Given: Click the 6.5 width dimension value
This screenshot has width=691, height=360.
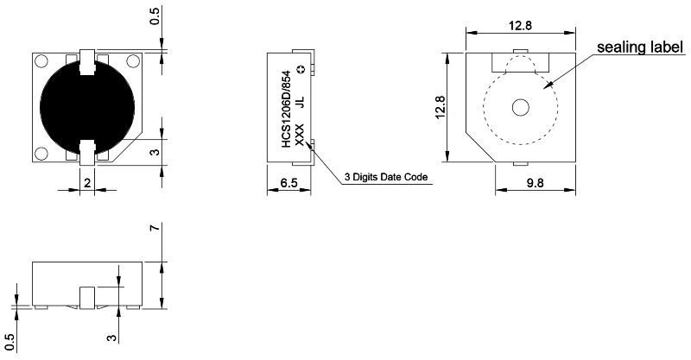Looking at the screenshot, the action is coord(288,182).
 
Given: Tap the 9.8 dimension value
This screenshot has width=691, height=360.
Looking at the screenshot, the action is coord(535,182).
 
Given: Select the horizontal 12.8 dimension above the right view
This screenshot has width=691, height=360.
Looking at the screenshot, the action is coord(520,25).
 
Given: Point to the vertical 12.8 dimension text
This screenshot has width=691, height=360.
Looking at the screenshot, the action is coord(440,108).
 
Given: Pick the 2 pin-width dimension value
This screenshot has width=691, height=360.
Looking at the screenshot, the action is coord(87,182).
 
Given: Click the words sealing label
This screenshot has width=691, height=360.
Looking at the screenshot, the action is coord(640,47).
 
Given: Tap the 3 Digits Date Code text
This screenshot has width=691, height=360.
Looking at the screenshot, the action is coord(386,177).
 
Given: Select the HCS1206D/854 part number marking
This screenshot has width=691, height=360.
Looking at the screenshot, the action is coord(286,109).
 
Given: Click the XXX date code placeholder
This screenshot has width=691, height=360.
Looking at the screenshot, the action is coord(299,136).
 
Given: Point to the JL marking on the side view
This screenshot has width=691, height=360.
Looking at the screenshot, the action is coord(300,102).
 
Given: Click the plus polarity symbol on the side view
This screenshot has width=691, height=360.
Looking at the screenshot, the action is coord(301,69).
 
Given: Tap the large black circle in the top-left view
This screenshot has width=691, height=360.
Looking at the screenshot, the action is coord(87,107).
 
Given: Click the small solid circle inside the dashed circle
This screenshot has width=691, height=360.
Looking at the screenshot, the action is coord(521,108).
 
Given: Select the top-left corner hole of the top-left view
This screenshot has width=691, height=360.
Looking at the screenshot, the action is coord(41,61).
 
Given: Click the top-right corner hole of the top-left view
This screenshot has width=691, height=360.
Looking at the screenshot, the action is coord(133,61).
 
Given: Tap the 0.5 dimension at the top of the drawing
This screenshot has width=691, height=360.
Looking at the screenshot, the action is coord(155,16).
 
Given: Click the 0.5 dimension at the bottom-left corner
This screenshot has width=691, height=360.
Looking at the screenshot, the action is coord(10,343).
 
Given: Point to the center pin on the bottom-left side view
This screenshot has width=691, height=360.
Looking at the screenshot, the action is coord(87,298).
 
